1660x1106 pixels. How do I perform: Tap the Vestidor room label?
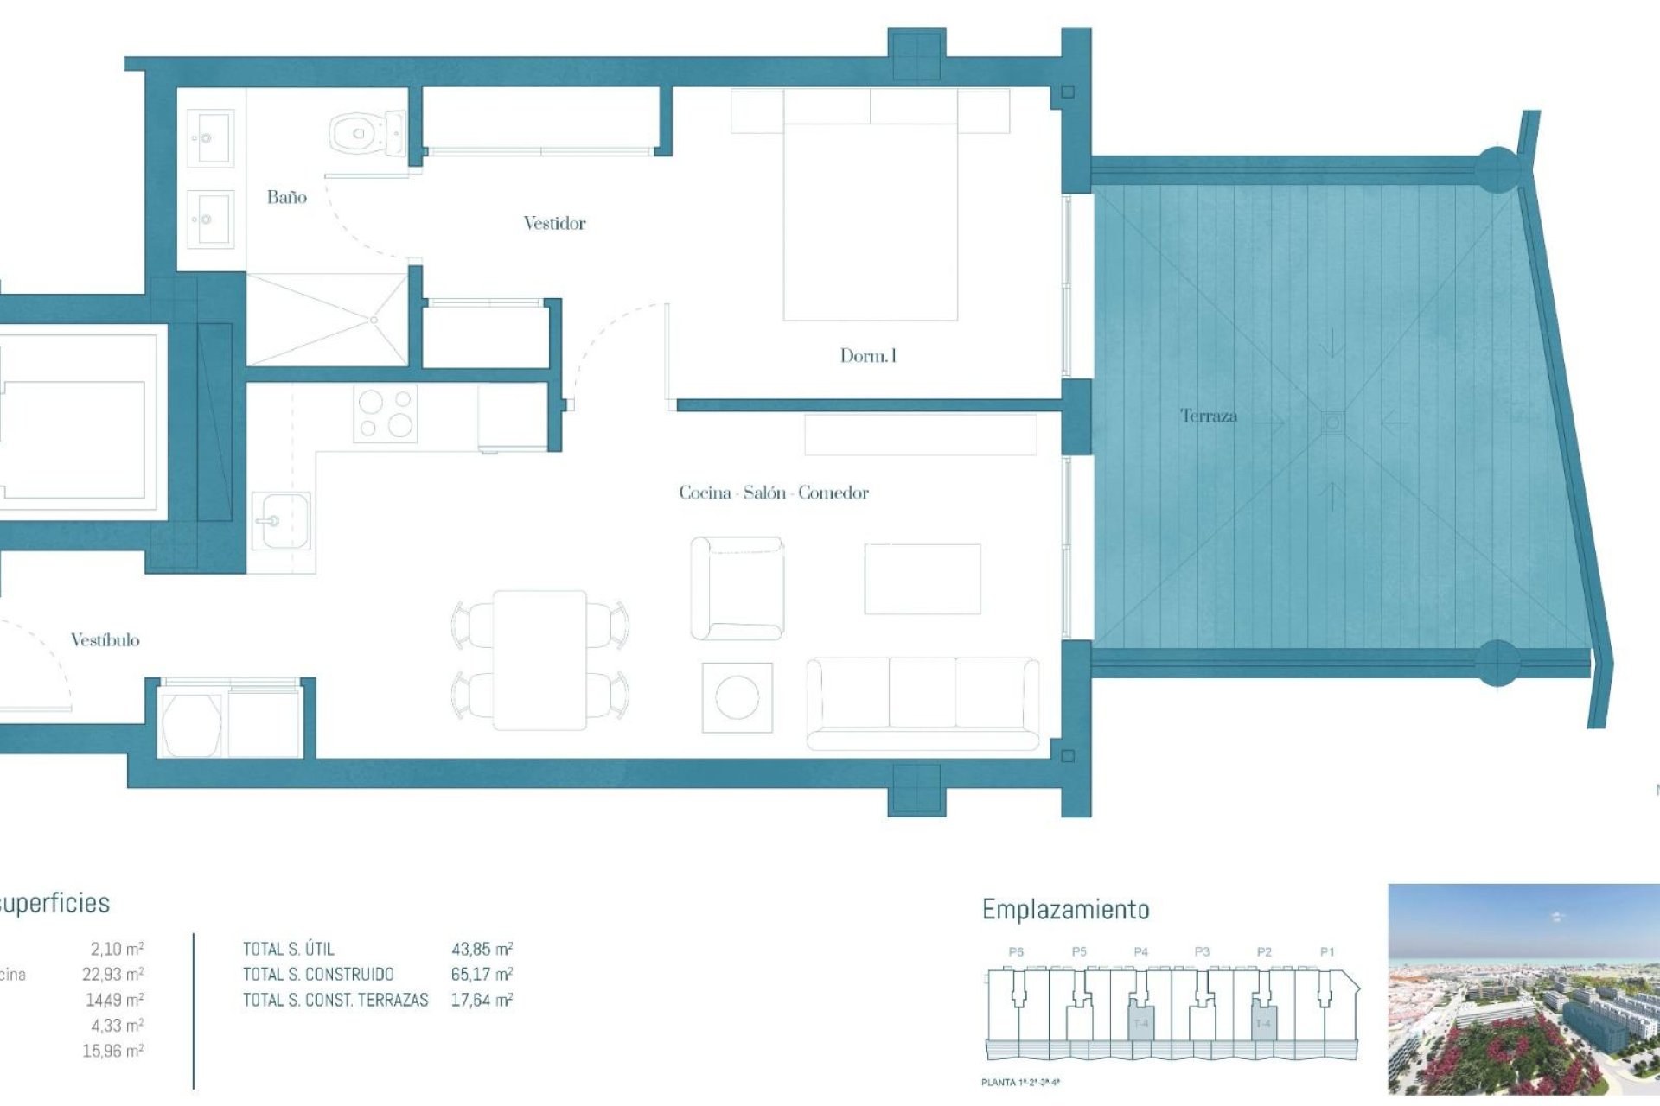[554, 224]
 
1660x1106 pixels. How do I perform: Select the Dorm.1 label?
[868, 356]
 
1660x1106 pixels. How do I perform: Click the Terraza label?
[1209, 416]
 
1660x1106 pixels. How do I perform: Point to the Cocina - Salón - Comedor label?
[773, 493]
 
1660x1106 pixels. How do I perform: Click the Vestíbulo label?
[105, 640]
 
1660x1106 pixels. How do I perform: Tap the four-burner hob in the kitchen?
[386, 413]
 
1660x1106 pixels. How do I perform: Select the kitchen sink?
[280, 521]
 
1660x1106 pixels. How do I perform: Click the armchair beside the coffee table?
[737, 588]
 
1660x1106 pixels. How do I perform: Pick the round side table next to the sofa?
[737, 697]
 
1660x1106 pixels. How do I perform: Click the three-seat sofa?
[922, 702]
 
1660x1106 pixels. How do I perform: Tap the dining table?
[539, 660]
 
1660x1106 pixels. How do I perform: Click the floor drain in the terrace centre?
[1332, 423]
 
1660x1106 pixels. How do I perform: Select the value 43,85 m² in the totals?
[482, 949]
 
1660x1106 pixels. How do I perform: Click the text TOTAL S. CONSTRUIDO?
[318, 975]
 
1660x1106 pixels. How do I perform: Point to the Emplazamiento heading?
[1065, 910]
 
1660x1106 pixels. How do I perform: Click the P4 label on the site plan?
[1140, 951]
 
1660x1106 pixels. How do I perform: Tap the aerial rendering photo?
[1523, 988]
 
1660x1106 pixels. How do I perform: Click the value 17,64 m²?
[482, 1001]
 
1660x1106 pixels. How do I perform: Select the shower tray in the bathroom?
[327, 320]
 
